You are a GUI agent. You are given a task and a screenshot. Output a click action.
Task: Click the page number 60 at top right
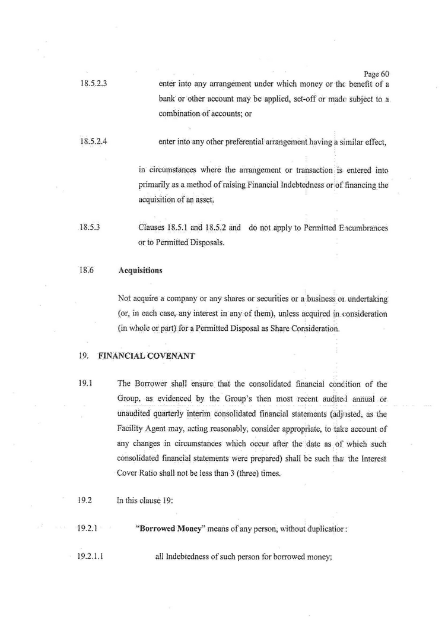(x=376, y=74)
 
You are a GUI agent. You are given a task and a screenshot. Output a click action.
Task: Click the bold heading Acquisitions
(x=140, y=270)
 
